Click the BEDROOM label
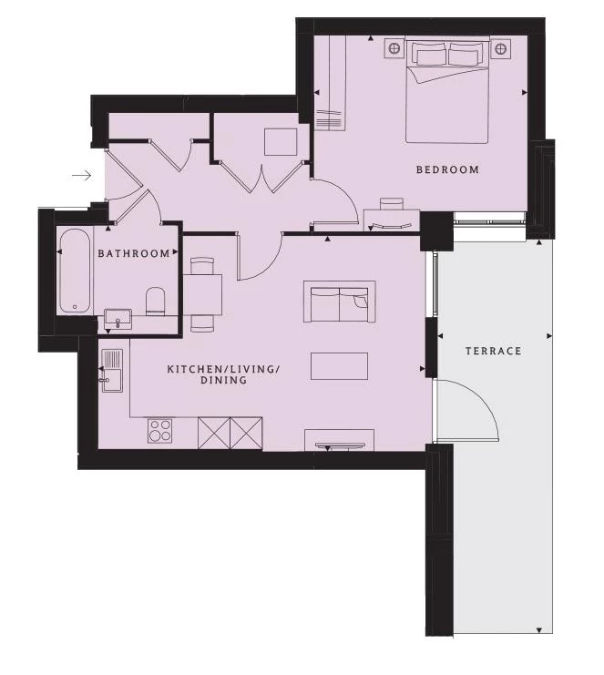coord(447,169)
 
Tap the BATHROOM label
coord(134,253)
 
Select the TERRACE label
coord(494,351)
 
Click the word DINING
coord(223,380)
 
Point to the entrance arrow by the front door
coord(82,175)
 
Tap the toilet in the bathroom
coord(156,302)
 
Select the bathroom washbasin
coord(118,318)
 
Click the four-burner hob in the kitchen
coord(160,431)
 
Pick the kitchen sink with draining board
coord(112,370)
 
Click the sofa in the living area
coord(339,302)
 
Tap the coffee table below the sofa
coord(339,366)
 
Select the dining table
coord(203,295)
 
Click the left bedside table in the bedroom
coord(394,48)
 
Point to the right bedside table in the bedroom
coord(500,48)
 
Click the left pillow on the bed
coord(429,55)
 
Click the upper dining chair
coord(201,266)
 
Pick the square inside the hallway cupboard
coord(281,142)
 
